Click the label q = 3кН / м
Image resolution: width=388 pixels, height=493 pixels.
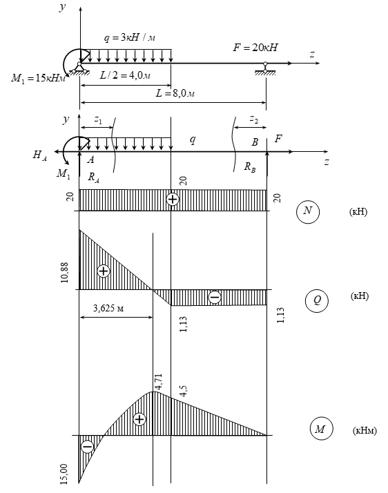130,37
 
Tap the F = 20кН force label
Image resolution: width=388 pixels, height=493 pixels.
255,48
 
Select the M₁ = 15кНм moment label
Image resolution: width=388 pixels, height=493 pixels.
39,78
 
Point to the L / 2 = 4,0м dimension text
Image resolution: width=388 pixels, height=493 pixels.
125,75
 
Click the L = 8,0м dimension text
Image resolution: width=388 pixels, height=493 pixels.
175,93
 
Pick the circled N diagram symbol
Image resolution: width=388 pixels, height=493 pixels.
308,211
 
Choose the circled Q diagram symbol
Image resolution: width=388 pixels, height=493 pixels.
317,301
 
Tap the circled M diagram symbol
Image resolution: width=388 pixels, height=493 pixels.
321,429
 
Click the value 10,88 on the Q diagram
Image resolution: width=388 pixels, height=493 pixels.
64,273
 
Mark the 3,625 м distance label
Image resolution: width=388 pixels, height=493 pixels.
108,308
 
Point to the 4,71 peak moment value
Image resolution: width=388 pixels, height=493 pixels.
159,382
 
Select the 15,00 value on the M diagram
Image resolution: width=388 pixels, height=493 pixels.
64,474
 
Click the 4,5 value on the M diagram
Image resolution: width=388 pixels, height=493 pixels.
184,391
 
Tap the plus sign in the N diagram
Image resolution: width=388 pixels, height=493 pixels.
173,200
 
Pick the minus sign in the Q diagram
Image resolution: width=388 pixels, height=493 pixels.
215,297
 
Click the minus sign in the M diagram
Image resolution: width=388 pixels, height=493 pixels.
87,447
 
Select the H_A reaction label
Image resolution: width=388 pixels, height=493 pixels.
40,155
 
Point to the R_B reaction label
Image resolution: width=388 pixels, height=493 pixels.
250,167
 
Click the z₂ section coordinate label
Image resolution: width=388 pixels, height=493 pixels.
254,119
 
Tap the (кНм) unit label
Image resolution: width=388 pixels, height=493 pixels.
365,430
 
